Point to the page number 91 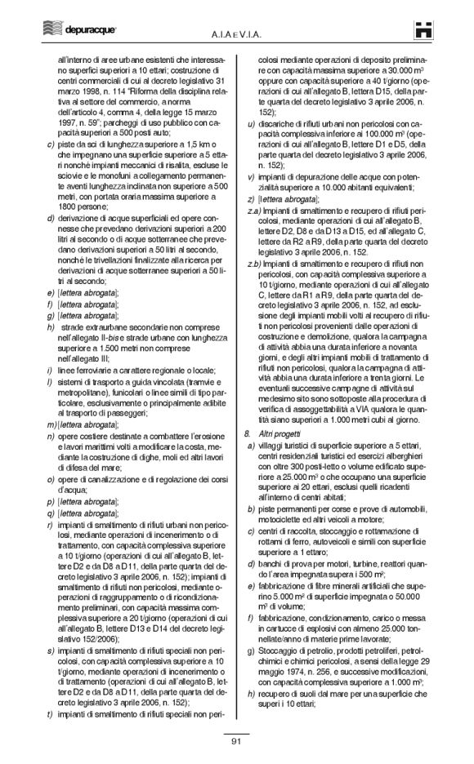point(236,740)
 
